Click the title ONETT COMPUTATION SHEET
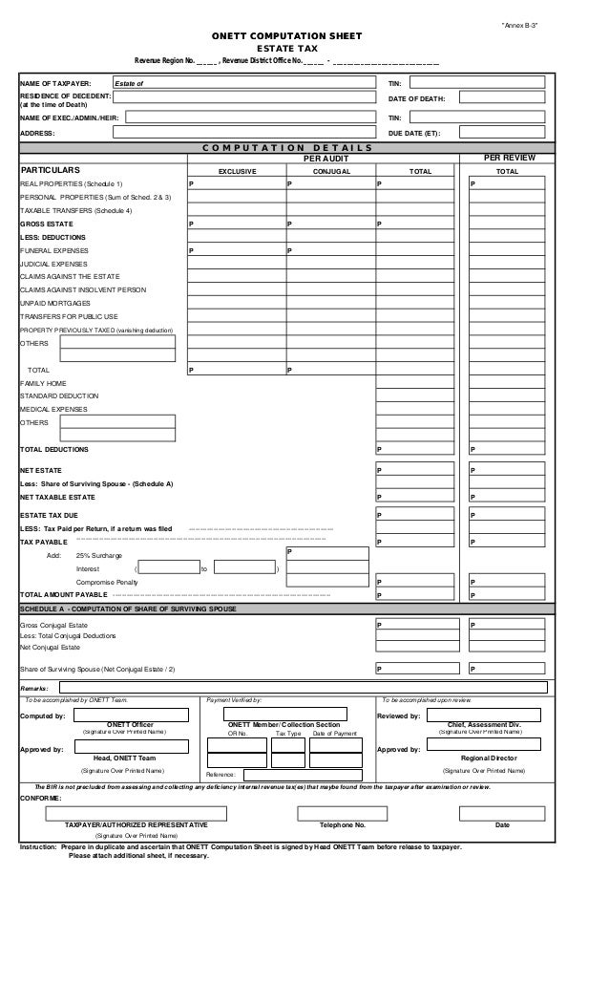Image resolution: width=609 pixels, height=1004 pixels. click(x=286, y=35)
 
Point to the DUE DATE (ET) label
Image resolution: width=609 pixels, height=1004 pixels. click(x=414, y=132)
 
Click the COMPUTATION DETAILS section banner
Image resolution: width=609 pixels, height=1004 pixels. click(x=286, y=147)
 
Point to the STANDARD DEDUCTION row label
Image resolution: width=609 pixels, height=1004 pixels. click(x=59, y=395)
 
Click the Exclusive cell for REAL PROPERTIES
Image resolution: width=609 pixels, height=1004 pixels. click(x=236, y=182)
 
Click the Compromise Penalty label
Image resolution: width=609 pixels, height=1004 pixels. click(x=106, y=582)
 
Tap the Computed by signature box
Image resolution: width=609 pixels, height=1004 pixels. click(x=130, y=714)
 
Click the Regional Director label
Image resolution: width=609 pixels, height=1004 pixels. click(x=488, y=758)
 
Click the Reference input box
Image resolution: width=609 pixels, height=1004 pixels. click(x=296, y=775)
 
